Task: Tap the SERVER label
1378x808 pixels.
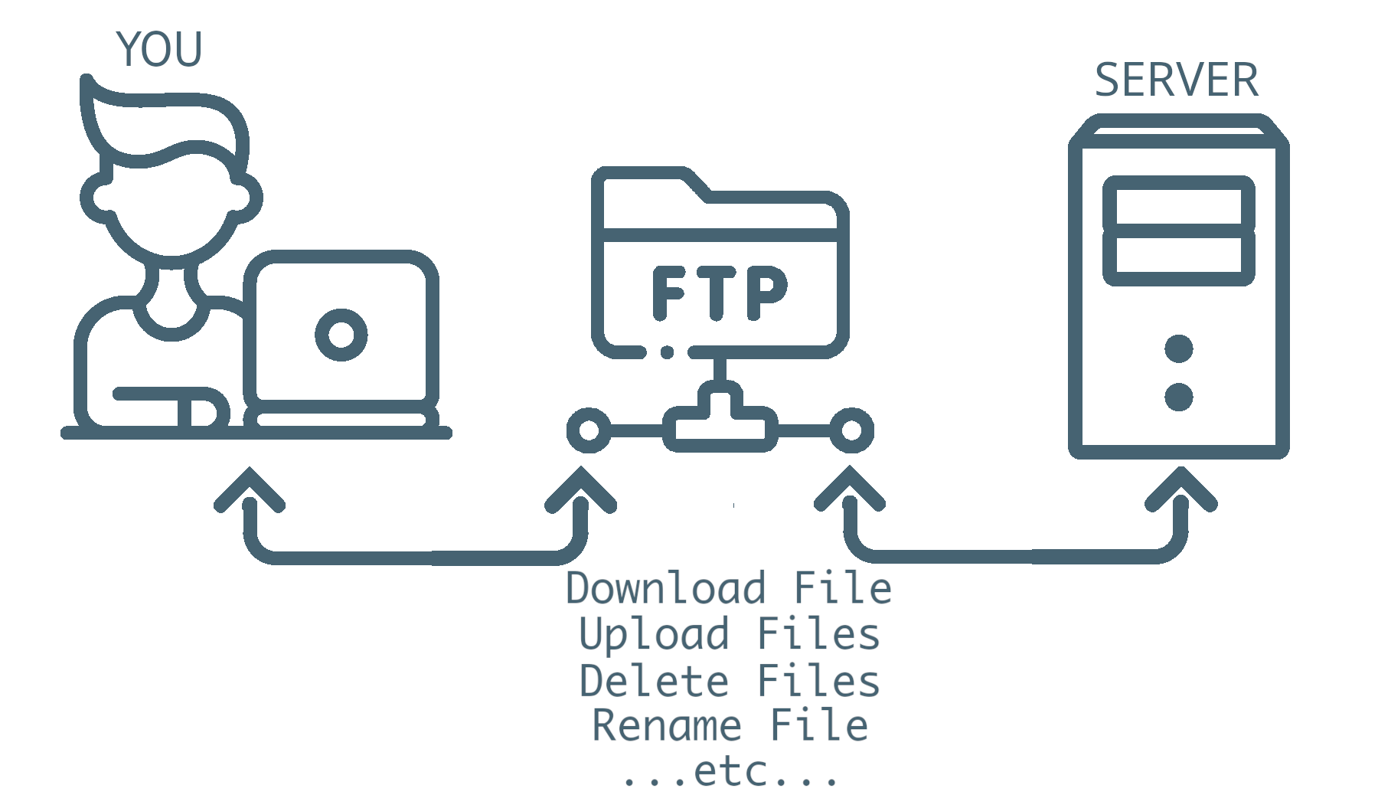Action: (x=1177, y=80)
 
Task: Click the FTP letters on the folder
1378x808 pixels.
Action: (x=719, y=292)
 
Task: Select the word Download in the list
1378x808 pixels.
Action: (x=665, y=588)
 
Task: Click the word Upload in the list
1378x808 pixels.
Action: (x=655, y=635)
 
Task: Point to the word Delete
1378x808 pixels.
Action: (x=655, y=682)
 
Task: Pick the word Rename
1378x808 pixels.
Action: (x=667, y=726)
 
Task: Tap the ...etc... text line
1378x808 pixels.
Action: (x=730, y=772)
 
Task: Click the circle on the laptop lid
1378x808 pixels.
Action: (x=341, y=335)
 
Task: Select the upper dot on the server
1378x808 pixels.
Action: (x=1178, y=348)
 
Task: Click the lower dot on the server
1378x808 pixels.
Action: (x=1178, y=397)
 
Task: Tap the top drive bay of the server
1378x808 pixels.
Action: (x=1178, y=202)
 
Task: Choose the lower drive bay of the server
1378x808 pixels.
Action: (x=1178, y=258)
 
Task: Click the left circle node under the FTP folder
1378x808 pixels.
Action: (x=589, y=430)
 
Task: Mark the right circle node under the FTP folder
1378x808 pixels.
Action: (x=851, y=430)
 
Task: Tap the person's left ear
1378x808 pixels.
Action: (x=96, y=197)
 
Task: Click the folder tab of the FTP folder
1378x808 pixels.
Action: (x=651, y=184)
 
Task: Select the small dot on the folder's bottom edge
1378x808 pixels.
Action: (x=668, y=352)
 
